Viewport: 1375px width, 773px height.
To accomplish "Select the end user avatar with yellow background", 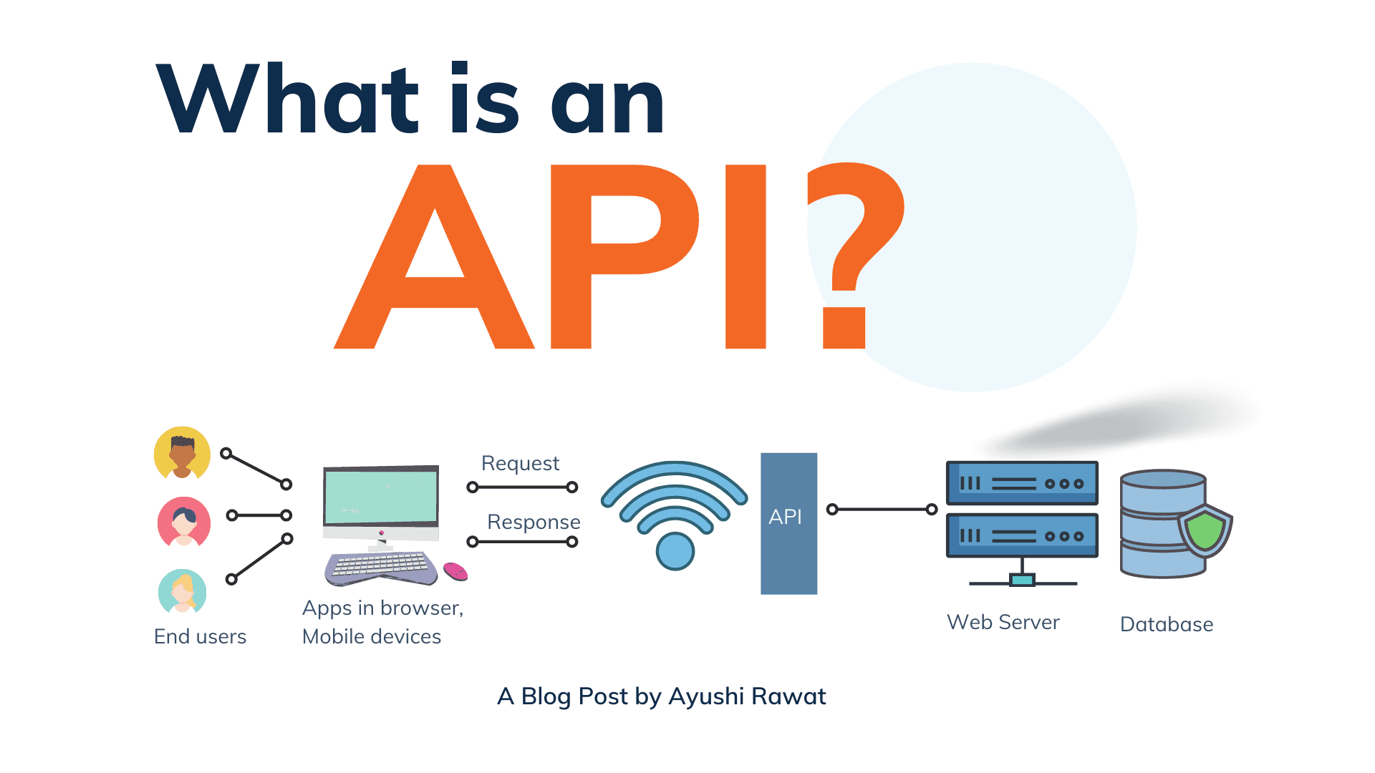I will coord(182,453).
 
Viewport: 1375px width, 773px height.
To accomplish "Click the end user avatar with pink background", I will coord(184,522).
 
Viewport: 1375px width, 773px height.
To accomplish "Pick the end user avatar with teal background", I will coord(183,592).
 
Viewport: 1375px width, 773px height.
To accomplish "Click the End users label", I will coord(200,636).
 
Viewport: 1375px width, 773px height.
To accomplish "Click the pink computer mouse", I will coord(455,571).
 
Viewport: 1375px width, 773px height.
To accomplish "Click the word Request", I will coord(520,463).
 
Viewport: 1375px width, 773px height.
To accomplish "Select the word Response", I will coord(534,522).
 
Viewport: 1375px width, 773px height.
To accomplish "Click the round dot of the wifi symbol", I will coord(675,551).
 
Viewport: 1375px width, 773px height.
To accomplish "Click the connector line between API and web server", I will coord(882,510).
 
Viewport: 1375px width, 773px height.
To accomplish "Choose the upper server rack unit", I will coord(1022,483).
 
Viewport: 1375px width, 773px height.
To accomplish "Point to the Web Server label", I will coord(1003,622).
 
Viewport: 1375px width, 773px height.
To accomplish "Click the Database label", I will coord(1166,624).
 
